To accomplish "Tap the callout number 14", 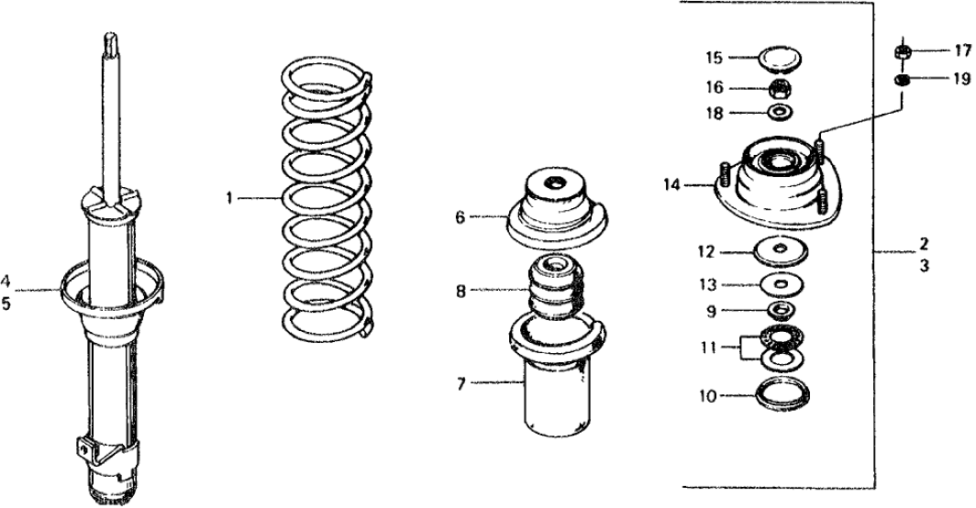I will (x=672, y=184).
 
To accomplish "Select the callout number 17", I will (x=961, y=51).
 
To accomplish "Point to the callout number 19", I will (x=961, y=80).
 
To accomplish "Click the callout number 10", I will (x=706, y=397).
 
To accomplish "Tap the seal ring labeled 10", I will (x=782, y=396).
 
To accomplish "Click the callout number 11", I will (x=705, y=347).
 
